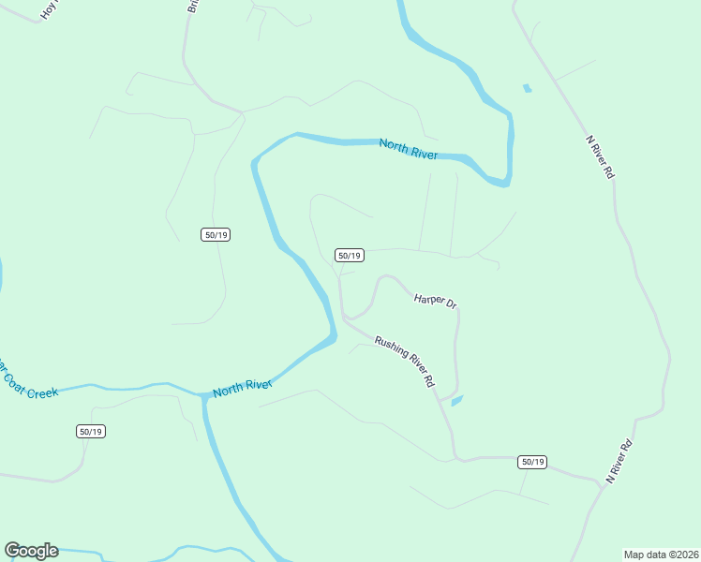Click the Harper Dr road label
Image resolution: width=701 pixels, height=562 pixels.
(x=435, y=301)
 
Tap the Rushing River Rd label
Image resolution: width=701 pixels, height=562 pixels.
(x=405, y=362)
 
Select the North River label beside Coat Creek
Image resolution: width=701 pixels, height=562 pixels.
(x=242, y=388)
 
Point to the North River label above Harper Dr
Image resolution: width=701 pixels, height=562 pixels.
(x=409, y=148)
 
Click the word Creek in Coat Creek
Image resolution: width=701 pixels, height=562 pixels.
(x=42, y=392)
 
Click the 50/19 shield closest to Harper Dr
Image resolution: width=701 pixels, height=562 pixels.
(x=349, y=255)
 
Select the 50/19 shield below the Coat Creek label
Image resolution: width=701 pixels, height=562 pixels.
(x=91, y=431)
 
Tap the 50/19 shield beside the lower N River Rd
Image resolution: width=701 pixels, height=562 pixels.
(x=532, y=462)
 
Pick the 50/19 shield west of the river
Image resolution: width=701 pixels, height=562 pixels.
(x=216, y=234)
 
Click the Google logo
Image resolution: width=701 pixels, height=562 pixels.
(x=31, y=551)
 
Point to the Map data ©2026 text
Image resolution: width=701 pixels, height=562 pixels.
(x=661, y=554)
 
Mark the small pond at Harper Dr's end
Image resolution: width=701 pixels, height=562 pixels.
(x=456, y=401)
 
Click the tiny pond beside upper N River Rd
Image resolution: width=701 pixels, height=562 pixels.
(x=527, y=89)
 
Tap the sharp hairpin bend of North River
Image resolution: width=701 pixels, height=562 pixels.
(x=507, y=178)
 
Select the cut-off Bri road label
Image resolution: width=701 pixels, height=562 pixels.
(x=193, y=6)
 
